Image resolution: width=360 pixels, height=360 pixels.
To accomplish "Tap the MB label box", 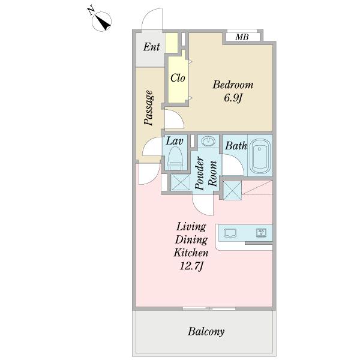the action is (242, 37).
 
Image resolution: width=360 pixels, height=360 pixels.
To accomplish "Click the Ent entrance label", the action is (151, 47).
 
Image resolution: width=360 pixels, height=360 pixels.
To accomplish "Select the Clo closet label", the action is (178, 78).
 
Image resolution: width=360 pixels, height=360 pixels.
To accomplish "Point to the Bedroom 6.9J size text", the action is (233, 98).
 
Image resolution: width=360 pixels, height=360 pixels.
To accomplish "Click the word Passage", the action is (149, 107).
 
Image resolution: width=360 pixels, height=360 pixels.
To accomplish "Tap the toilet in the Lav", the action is (175, 158).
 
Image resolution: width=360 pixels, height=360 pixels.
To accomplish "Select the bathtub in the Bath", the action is (260, 157).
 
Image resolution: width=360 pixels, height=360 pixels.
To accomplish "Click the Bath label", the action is (236, 146).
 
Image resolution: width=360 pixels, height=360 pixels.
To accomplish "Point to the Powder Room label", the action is (206, 173).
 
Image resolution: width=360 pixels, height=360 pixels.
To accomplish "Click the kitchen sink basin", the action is (230, 233).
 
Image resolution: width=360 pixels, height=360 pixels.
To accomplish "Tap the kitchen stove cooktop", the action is (261, 233).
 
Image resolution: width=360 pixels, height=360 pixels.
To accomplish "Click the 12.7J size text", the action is (191, 266).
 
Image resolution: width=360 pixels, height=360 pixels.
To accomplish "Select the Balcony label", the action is (206, 332).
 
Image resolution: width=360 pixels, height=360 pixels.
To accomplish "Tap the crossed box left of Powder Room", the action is (181, 182).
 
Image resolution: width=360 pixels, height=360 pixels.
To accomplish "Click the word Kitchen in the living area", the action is (191, 253).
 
